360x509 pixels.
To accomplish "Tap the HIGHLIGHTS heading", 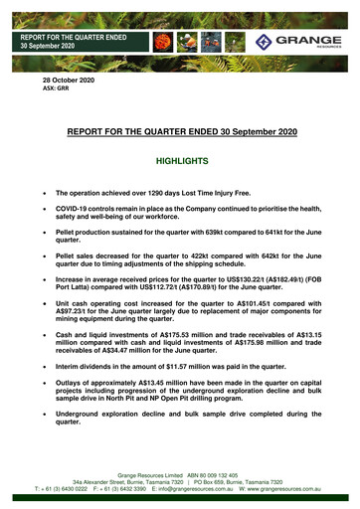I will click(x=179, y=160).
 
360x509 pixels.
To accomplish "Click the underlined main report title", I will click(x=179, y=130).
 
